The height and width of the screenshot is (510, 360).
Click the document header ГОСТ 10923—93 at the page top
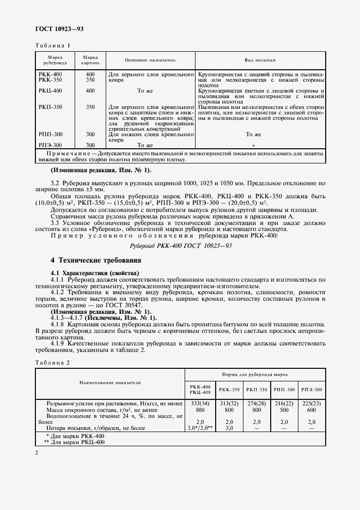click(x=59, y=28)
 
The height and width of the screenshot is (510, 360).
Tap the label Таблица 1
click(x=53, y=45)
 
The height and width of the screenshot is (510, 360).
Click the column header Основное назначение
click(x=150, y=60)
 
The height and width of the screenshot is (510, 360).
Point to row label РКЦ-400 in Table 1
click(x=50, y=90)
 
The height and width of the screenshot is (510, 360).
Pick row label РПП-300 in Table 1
click(x=50, y=134)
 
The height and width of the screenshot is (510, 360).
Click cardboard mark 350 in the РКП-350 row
click(x=90, y=107)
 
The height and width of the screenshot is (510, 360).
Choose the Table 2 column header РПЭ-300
click(x=312, y=390)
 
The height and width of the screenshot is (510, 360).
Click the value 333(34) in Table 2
click(x=196, y=403)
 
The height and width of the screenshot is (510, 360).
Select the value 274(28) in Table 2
click(x=256, y=403)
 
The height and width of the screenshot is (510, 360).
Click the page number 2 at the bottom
click(x=36, y=453)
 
